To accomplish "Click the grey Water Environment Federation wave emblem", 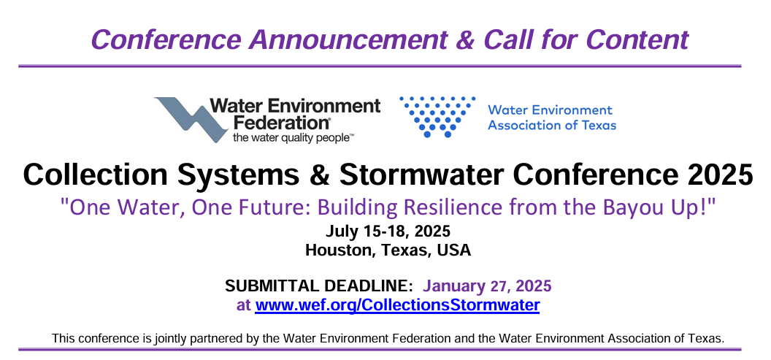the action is coord(191,120).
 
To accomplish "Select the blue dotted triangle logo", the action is coord(437,117).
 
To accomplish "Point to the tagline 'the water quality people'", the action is coord(294,137).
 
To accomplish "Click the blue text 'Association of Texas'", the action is coord(552,125).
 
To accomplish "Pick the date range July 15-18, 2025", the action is coord(388,231).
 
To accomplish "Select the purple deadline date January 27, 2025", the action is coord(487,286).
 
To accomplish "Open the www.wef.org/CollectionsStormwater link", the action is coord(397,305).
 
